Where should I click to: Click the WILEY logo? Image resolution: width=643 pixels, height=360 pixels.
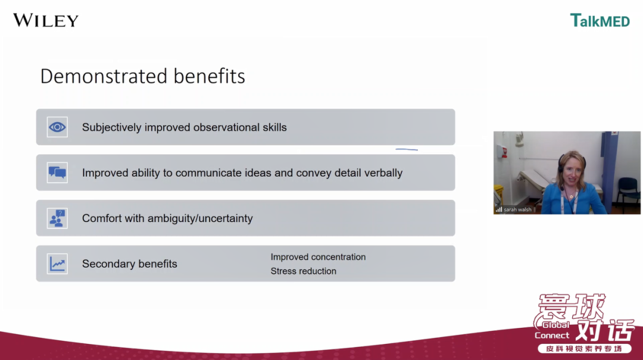[45, 20]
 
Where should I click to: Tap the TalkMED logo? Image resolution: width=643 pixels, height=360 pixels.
[600, 20]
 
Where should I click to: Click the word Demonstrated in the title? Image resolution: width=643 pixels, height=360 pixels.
[104, 76]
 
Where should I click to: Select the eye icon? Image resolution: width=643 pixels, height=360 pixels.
[57, 127]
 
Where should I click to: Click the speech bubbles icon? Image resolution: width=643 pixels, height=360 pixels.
[57, 173]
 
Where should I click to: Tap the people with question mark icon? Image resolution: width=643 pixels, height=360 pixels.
[57, 218]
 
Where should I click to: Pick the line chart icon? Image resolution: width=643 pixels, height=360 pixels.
[57, 264]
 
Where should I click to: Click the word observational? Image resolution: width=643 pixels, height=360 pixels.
[226, 127]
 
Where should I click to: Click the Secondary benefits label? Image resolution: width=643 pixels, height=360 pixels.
[130, 264]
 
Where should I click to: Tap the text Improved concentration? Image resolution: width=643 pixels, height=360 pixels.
[318, 257]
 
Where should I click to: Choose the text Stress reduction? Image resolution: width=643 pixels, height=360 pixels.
[304, 271]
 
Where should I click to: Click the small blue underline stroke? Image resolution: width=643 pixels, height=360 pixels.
[407, 150]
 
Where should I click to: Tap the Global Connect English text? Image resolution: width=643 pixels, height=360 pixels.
[553, 330]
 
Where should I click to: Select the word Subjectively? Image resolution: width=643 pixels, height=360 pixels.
[111, 127]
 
